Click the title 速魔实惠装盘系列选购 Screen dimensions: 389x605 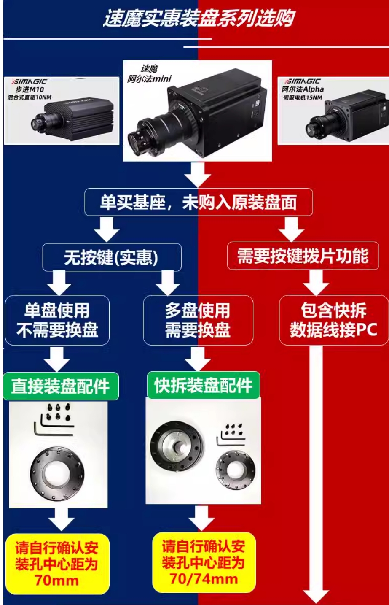(x=199, y=19)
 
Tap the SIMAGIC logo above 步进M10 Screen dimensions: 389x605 (x=30, y=81)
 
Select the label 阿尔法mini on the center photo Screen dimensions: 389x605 (x=149, y=78)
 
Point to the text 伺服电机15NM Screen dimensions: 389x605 (x=303, y=97)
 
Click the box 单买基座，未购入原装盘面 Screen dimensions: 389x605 (x=199, y=202)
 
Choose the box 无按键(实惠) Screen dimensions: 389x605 (x=112, y=257)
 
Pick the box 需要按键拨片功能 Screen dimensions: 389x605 (x=303, y=256)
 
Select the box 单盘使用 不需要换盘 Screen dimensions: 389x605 (x=57, y=320)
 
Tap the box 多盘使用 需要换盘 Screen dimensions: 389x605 (x=198, y=320)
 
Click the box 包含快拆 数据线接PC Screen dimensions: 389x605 (x=334, y=320)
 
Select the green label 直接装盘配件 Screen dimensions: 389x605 (x=61, y=386)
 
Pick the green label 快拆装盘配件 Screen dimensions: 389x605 (x=204, y=385)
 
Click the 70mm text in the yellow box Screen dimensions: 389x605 (x=56, y=581)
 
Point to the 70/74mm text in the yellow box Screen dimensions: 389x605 (x=204, y=579)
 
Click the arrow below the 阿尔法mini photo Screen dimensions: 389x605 (x=198, y=175)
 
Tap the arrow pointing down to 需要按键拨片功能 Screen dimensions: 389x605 (x=291, y=230)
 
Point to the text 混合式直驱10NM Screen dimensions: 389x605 (x=30, y=97)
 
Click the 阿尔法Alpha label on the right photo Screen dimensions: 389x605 (x=303, y=89)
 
